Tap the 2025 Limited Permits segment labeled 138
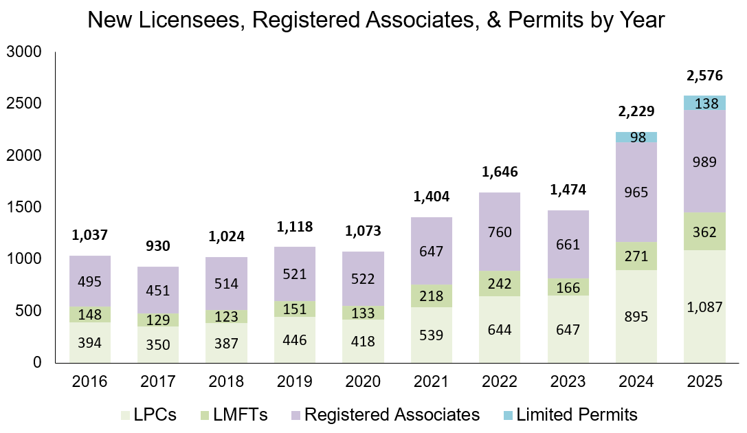coord(704,103)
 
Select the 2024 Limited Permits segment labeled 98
coord(636,137)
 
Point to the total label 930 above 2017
coord(158,245)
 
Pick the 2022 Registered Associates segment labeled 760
coord(500,232)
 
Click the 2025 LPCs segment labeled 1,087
coord(704,307)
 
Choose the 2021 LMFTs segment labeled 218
coord(432,296)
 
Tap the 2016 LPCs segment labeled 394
coord(90,342)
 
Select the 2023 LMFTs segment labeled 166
coord(568,287)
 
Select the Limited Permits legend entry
coord(577,414)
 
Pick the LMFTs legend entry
coord(240,414)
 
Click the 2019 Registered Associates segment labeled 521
coord(295,274)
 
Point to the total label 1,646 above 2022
coord(500,171)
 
